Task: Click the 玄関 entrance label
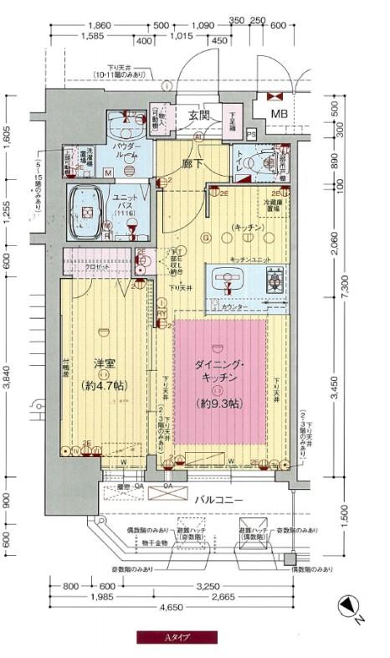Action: coord(198,115)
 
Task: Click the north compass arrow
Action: coord(349,609)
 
